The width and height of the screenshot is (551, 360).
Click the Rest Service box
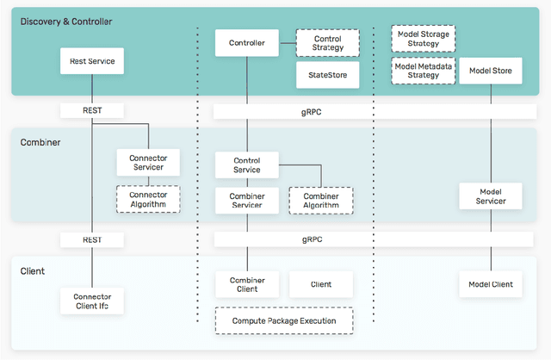click(92, 61)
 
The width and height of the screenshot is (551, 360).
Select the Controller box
click(247, 42)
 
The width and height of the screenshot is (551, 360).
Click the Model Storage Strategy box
click(423, 39)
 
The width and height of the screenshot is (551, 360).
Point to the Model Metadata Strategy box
click(423, 71)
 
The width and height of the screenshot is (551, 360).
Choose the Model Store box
click(490, 71)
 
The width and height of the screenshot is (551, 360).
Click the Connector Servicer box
click(148, 163)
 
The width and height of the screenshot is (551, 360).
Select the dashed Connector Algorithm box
click(148, 200)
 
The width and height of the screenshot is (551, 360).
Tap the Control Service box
click(247, 164)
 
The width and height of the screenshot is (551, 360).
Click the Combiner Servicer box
click(247, 201)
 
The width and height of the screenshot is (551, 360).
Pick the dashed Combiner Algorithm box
click(320, 201)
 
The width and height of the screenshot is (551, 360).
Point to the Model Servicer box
click(490, 196)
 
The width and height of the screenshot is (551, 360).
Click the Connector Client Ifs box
click(92, 301)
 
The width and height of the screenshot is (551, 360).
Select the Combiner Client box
click(247, 284)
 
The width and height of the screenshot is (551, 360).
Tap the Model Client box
click(490, 284)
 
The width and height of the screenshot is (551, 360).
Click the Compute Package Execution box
click(283, 320)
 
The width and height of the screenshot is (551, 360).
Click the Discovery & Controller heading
click(66, 21)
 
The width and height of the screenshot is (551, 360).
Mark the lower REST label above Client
click(92, 239)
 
